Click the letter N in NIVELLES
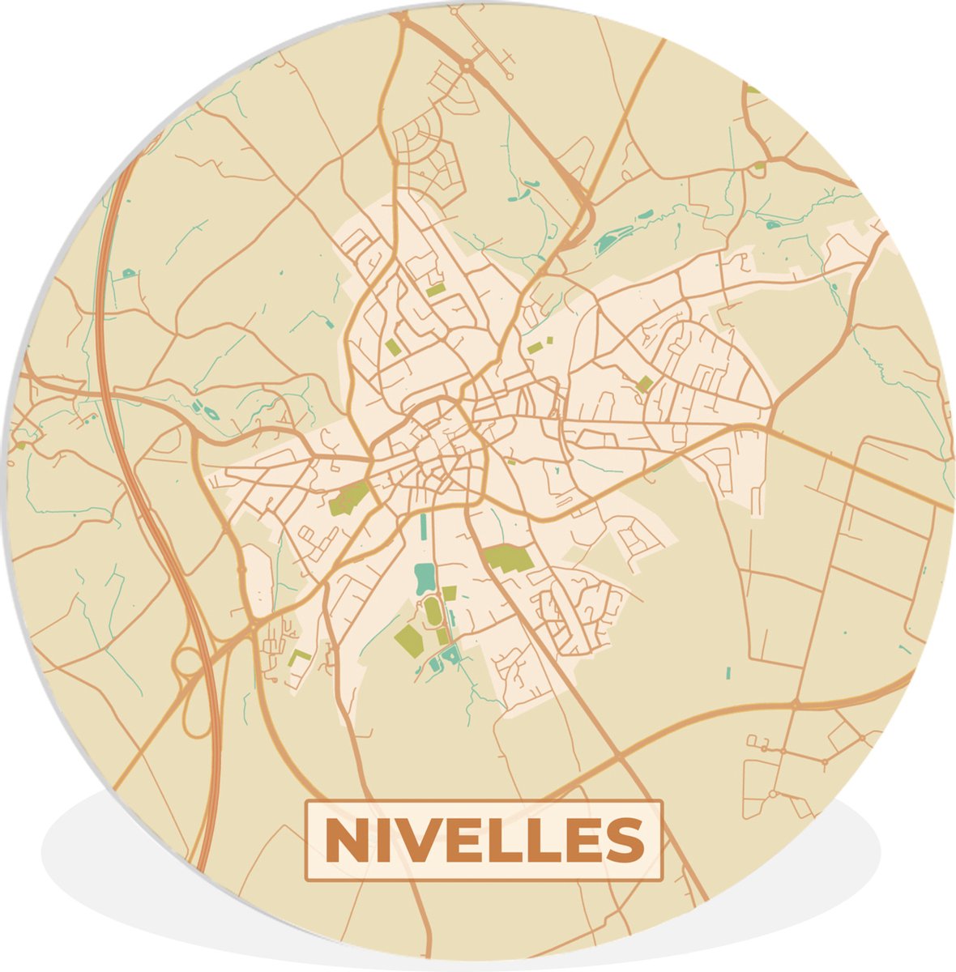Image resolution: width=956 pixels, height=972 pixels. tap(344, 841)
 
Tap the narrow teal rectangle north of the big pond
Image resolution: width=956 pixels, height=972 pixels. tap(422, 530)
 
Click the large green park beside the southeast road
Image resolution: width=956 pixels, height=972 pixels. tap(509, 559)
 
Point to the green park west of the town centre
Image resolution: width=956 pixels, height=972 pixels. tap(349, 498)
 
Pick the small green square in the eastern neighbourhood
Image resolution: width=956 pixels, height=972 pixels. tap(644, 384)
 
